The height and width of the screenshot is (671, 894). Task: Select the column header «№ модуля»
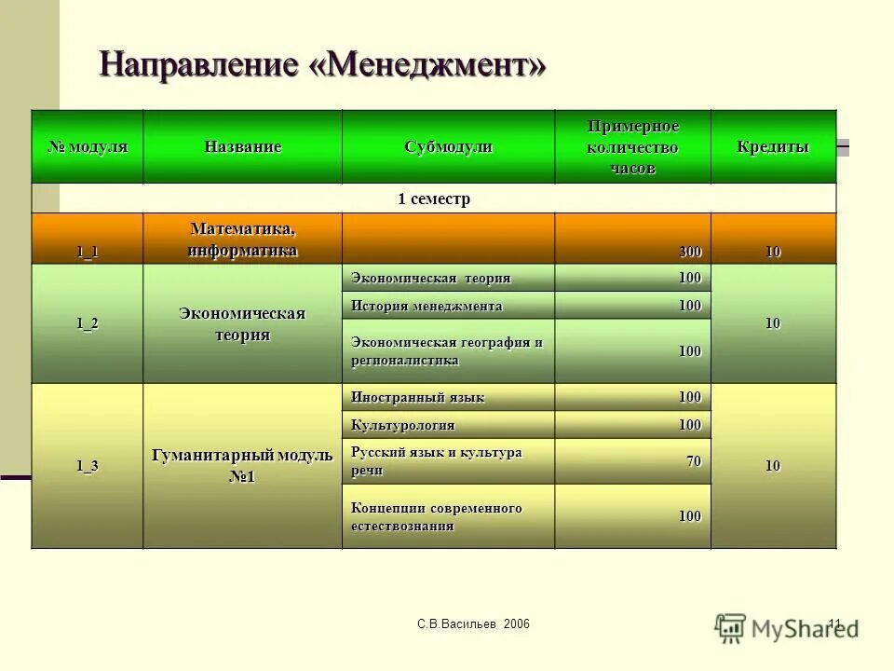(88, 147)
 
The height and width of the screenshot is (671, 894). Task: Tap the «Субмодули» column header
(448, 147)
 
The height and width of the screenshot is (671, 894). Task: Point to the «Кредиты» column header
(773, 147)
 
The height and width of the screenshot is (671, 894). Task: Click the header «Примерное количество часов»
(633, 147)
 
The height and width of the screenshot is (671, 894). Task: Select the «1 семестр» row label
(434, 199)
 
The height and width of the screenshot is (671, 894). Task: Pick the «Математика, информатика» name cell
(242, 240)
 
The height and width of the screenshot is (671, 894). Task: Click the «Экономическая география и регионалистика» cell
(447, 350)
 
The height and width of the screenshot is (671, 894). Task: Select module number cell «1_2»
(88, 323)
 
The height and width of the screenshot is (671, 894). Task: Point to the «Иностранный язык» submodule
(418, 397)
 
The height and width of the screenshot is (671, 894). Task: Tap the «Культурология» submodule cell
(403, 425)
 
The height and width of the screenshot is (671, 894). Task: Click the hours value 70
(695, 461)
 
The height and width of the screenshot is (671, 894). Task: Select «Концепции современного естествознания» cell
(437, 516)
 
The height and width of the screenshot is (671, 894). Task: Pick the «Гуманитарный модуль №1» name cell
(242, 466)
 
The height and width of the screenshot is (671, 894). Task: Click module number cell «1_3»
(88, 466)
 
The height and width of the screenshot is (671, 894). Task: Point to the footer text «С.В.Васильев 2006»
(473, 623)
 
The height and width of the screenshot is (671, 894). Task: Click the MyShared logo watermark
(787, 627)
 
